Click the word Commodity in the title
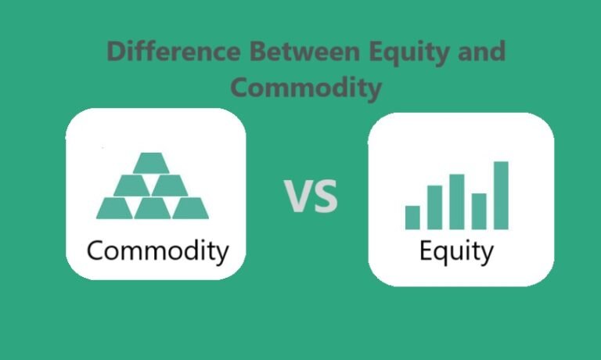tap(308, 87)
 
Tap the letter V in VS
tap(297, 196)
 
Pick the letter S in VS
tap(325, 196)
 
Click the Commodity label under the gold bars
tap(157, 251)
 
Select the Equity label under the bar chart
tap(457, 252)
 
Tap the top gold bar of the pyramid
tap(151, 163)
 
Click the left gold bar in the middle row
tap(132, 185)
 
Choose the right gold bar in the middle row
tap(170, 185)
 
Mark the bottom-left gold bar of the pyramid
tap(114, 207)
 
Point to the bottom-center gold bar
tap(152, 207)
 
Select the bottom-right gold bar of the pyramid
tap(189, 207)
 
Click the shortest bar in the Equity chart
tap(412, 217)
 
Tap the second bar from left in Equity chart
tap(434, 207)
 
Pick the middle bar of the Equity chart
tap(456, 201)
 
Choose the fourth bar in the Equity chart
tap(478, 211)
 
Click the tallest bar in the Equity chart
tap(501, 195)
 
